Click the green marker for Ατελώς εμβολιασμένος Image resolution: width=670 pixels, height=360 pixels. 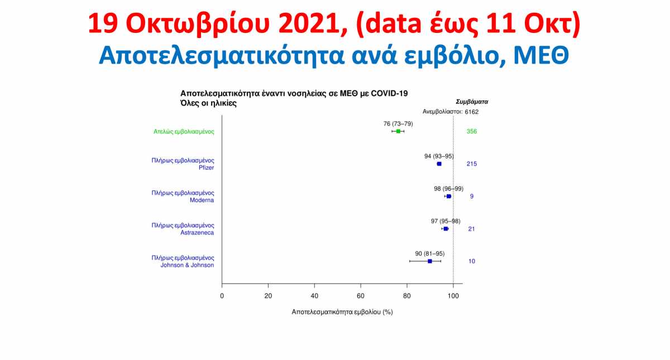(x=398, y=131)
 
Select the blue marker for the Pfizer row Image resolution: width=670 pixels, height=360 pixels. (x=439, y=164)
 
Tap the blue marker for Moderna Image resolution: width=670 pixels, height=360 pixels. (x=449, y=196)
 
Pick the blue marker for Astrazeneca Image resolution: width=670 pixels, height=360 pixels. (x=446, y=229)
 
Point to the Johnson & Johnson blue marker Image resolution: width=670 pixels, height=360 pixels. (x=430, y=261)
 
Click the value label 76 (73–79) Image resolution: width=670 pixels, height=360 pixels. (x=398, y=124)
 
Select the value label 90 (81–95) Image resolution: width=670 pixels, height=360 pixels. (x=430, y=254)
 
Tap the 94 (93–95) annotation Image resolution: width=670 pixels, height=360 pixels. (x=439, y=156)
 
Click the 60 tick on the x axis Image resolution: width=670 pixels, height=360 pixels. (x=361, y=296)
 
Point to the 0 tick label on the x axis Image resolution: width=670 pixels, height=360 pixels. (x=222, y=296)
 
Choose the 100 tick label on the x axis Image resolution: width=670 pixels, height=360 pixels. (x=453, y=296)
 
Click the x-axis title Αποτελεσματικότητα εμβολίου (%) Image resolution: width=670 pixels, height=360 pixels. (x=342, y=312)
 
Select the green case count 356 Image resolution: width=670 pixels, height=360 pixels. (x=472, y=131)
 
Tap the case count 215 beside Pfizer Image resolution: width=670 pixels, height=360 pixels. (x=472, y=164)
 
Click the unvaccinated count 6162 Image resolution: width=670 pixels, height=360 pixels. (x=472, y=112)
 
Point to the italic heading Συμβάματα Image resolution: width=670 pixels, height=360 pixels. (x=472, y=102)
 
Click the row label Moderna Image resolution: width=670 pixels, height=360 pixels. (x=202, y=200)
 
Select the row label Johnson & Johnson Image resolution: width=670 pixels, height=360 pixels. (x=187, y=265)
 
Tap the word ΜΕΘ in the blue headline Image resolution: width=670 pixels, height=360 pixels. (x=541, y=56)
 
